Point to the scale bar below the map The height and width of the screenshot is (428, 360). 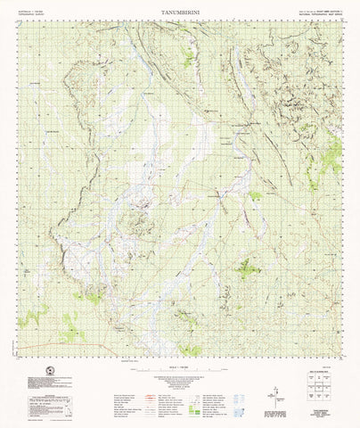pos(179,360)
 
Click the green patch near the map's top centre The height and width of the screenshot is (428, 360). pos(188,56)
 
